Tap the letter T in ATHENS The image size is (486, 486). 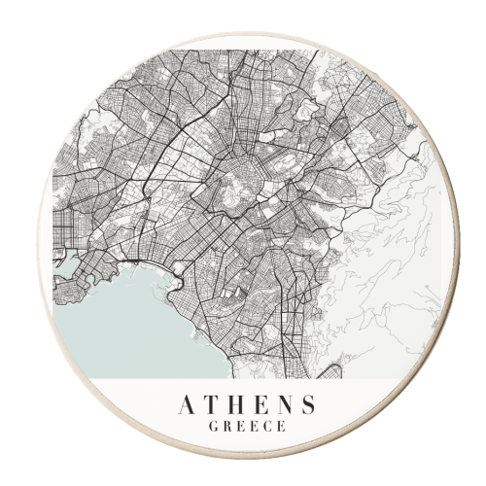pos(208,403)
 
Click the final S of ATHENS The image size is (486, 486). pos(307,403)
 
